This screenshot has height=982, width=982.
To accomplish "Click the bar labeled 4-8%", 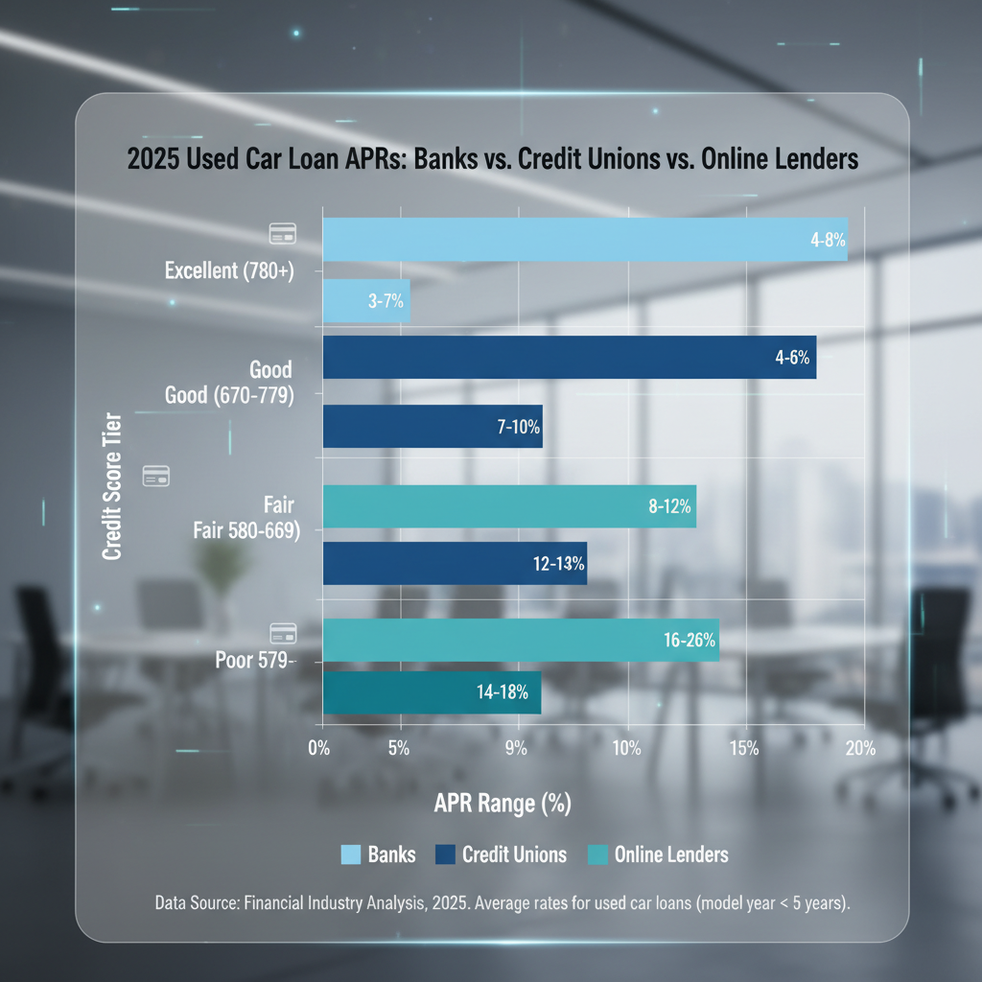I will pos(585,240).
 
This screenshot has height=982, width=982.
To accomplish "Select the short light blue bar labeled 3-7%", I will pos(366,301).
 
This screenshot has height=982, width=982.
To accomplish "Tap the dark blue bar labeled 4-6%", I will pos(570,358).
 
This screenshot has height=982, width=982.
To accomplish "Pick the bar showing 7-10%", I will pos(433,426).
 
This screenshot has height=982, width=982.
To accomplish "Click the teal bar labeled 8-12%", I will pos(509,506).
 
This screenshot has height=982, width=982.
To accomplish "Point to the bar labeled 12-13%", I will pos(455,563).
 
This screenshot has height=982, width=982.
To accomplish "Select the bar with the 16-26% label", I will pos(521,641).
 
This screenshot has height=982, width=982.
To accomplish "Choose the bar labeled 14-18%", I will pos(432,692).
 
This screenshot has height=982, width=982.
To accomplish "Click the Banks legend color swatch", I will pos(351,854).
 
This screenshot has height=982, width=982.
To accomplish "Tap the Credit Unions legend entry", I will pos(501,854).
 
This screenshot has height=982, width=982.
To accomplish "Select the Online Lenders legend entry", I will pos(658,854).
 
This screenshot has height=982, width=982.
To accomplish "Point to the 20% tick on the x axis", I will pos(859,749).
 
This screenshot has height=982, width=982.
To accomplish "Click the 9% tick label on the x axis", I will pos(516,749).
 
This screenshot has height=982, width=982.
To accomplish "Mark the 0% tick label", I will pos(319,749).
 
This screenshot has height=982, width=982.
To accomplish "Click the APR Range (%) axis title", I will pos(502,804).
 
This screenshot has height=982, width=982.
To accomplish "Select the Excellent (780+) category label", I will pos(228,270).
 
